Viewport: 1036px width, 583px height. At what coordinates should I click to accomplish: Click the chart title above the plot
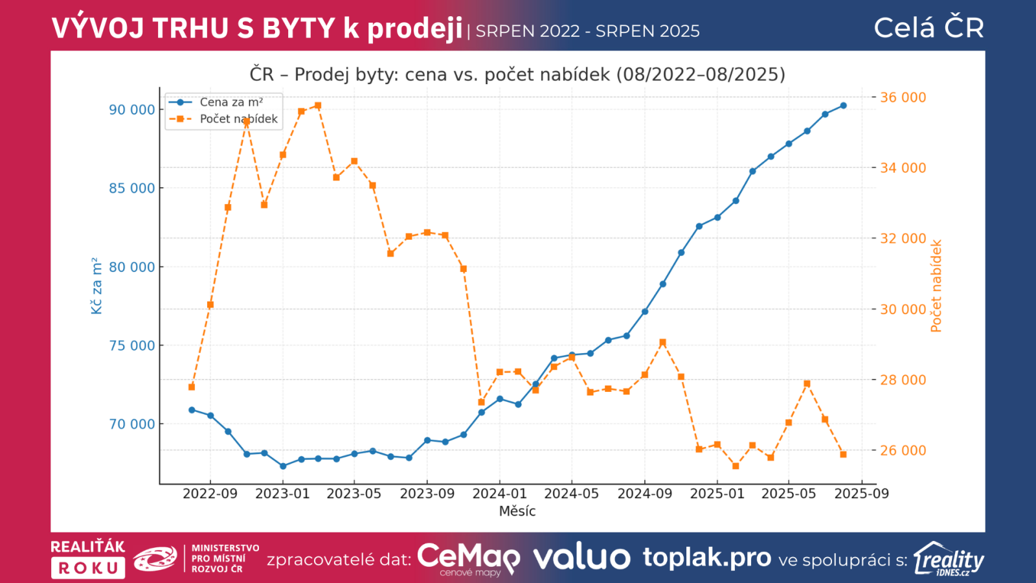pos(517,74)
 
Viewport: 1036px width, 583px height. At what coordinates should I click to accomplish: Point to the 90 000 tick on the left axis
pos(132,109)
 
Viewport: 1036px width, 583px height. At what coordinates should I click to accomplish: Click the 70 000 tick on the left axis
pos(132,424)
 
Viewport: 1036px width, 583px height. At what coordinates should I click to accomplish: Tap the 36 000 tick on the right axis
pos(903,97)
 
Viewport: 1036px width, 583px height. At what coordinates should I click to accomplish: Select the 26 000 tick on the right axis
pos(903,450)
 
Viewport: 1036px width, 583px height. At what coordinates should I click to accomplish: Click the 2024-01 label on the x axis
pos(499,494)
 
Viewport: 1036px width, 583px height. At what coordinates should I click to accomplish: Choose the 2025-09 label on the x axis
pos(861,494)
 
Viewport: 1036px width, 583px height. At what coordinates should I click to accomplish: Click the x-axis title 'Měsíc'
pos(517,511)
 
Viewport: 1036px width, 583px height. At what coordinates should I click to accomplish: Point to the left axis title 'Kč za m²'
pos(96,286)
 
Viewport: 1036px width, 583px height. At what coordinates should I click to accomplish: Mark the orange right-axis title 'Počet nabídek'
pos(936,286)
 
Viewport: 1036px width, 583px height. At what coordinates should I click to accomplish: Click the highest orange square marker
pos(318,106)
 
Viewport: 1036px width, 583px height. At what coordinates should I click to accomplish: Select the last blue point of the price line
pos(843,106)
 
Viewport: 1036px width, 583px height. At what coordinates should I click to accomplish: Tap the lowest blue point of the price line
pos(283,466)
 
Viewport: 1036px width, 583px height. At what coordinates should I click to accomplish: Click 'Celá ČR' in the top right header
pos(929,28)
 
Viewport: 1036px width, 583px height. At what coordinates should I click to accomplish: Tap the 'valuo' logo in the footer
pos(581,558)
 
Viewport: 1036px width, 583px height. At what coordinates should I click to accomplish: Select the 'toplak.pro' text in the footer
pos(707,557)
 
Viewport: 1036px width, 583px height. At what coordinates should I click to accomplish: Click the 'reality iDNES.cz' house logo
pos(949,558)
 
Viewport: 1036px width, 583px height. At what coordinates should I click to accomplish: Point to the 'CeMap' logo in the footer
pos(468,558)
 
